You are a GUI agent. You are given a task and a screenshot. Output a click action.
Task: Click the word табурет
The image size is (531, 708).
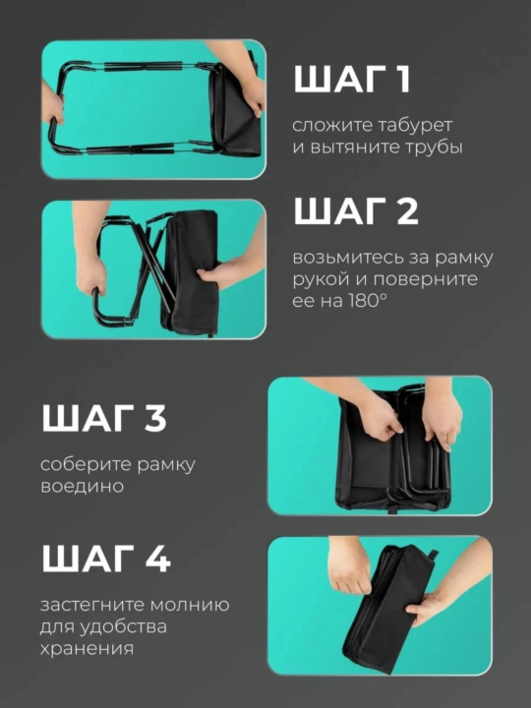[410, 125]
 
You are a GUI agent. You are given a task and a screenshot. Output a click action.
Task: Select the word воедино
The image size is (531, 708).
[82, 487]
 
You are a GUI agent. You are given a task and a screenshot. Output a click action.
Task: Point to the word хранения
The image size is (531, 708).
[87, 648]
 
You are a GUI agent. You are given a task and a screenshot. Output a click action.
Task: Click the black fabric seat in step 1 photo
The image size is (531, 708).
[236, 111]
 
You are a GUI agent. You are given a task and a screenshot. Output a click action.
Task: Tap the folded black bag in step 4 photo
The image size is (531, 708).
[388, 609]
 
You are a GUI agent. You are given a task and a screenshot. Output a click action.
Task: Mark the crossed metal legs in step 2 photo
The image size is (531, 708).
[152, 265]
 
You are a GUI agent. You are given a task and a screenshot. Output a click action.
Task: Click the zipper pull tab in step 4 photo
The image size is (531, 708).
[433, 555]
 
